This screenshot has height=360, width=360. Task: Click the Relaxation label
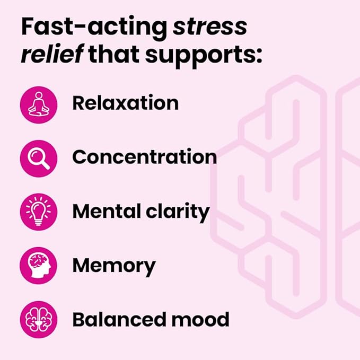click(125, 103)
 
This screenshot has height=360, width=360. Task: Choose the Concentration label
click(144, 157)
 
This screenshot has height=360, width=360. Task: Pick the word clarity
click(181, 211)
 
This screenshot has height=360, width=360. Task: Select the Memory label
click(114, 265)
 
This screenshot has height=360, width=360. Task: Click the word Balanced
click(116, 319)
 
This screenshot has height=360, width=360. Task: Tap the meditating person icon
click(38, 103)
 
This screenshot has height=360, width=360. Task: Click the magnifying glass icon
click(38, 157)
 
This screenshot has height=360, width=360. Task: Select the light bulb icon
click(38, 212)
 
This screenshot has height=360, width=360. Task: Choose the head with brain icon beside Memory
click(38, 266)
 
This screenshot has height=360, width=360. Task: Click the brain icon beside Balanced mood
click(38, 320)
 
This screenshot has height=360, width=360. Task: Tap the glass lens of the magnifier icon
click(35, 154)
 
